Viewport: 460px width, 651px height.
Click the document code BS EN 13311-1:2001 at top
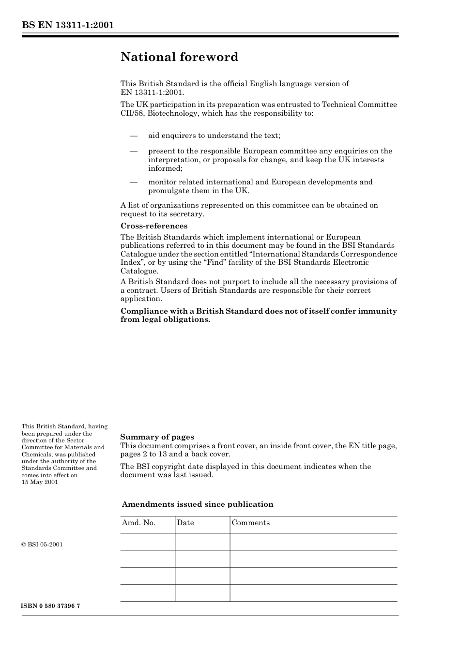(68, 25)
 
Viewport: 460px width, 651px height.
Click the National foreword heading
(179, 57)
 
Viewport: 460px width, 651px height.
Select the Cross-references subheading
(153, 226)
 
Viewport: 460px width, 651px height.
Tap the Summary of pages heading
(157, 437)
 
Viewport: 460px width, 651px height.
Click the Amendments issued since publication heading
(198, 504)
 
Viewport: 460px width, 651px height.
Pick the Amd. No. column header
(138, 523)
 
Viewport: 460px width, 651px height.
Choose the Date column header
(185, 523)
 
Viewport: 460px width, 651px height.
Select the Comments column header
(250, 523)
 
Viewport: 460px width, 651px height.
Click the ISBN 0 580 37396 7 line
(51, 606)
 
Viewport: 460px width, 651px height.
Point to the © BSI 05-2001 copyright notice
(42, 545)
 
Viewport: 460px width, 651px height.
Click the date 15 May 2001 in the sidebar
(40, 482)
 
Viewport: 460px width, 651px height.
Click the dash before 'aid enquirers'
(134, 136)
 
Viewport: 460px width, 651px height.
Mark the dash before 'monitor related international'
(134, 182)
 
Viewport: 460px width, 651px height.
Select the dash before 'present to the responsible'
(134, 151)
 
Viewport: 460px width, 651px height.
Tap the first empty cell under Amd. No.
(147, 542)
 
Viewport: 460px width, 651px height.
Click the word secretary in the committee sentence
(187, 214)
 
